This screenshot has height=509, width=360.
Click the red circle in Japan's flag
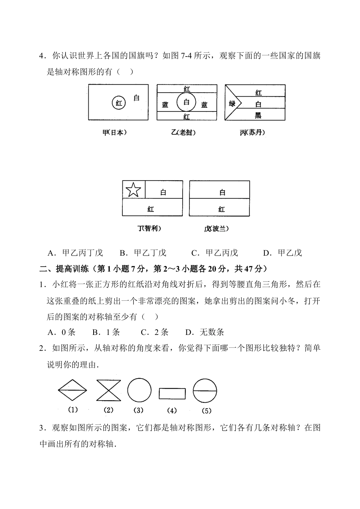(x=119, y=102)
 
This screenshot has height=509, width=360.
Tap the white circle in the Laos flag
(x=186, y=102)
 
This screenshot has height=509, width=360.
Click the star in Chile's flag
(x=133, y=189)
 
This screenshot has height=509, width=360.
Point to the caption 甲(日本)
(x=114, y=132)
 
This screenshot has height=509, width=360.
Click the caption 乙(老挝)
(x=183, y=132)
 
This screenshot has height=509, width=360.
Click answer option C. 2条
(x=155, y=332)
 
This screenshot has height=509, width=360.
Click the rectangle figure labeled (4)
(x=172, y=393)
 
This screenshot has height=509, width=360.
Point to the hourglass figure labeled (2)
(x=108, y=390)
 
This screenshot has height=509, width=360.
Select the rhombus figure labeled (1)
(x=72, y=390)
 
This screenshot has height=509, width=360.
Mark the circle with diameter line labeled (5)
(x=205, y=391)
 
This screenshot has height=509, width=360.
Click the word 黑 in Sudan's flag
(x=258, y=115)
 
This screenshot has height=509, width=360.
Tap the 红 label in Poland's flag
(x=222, y=209)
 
